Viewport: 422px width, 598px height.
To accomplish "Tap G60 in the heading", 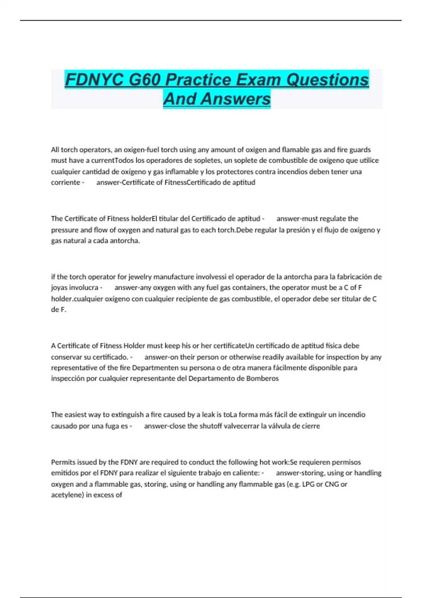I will click(x=144, y=79).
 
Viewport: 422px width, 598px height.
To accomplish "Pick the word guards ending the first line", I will click(x=359, y=149).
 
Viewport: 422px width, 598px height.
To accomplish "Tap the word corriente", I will click(x=65, y=182).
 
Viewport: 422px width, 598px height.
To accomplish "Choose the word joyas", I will click(x=59, y=287).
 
